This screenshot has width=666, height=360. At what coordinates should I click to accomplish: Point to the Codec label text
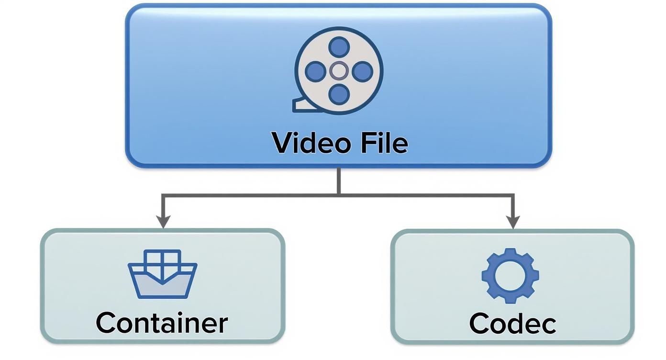click(512, 323)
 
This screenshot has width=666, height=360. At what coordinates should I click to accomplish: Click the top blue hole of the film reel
click(339, 47)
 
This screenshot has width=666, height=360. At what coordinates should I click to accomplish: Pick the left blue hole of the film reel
click(315, 71)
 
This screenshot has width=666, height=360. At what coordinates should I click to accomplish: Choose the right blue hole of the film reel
click(363, 71)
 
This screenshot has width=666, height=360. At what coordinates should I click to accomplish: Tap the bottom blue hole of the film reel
click(339, 94)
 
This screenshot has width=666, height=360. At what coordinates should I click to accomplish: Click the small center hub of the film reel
click(339, 71)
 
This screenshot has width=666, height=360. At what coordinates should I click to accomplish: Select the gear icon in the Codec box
click(510, 276)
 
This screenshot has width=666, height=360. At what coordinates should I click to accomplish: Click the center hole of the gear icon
click(510, 276)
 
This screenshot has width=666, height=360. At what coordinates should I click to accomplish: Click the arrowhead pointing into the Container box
click(163, 222)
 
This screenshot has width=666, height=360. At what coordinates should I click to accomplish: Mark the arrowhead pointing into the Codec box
click(513, 222)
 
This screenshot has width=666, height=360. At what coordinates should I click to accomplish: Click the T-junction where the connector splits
click(339, 194)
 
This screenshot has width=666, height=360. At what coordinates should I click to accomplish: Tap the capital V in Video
click(283, 143)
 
